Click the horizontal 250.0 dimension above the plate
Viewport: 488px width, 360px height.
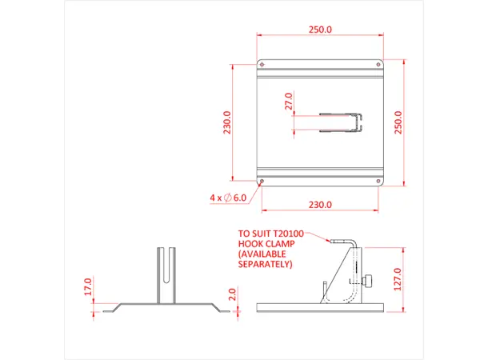click(x=321, y=30)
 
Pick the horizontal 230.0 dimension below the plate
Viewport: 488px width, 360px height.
click(x=320, y=205)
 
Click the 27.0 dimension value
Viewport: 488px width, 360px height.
click(x=289, y=102)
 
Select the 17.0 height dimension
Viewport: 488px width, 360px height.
click(x=89, y=286)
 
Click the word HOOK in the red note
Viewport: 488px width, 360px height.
click(x=249, y=245)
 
